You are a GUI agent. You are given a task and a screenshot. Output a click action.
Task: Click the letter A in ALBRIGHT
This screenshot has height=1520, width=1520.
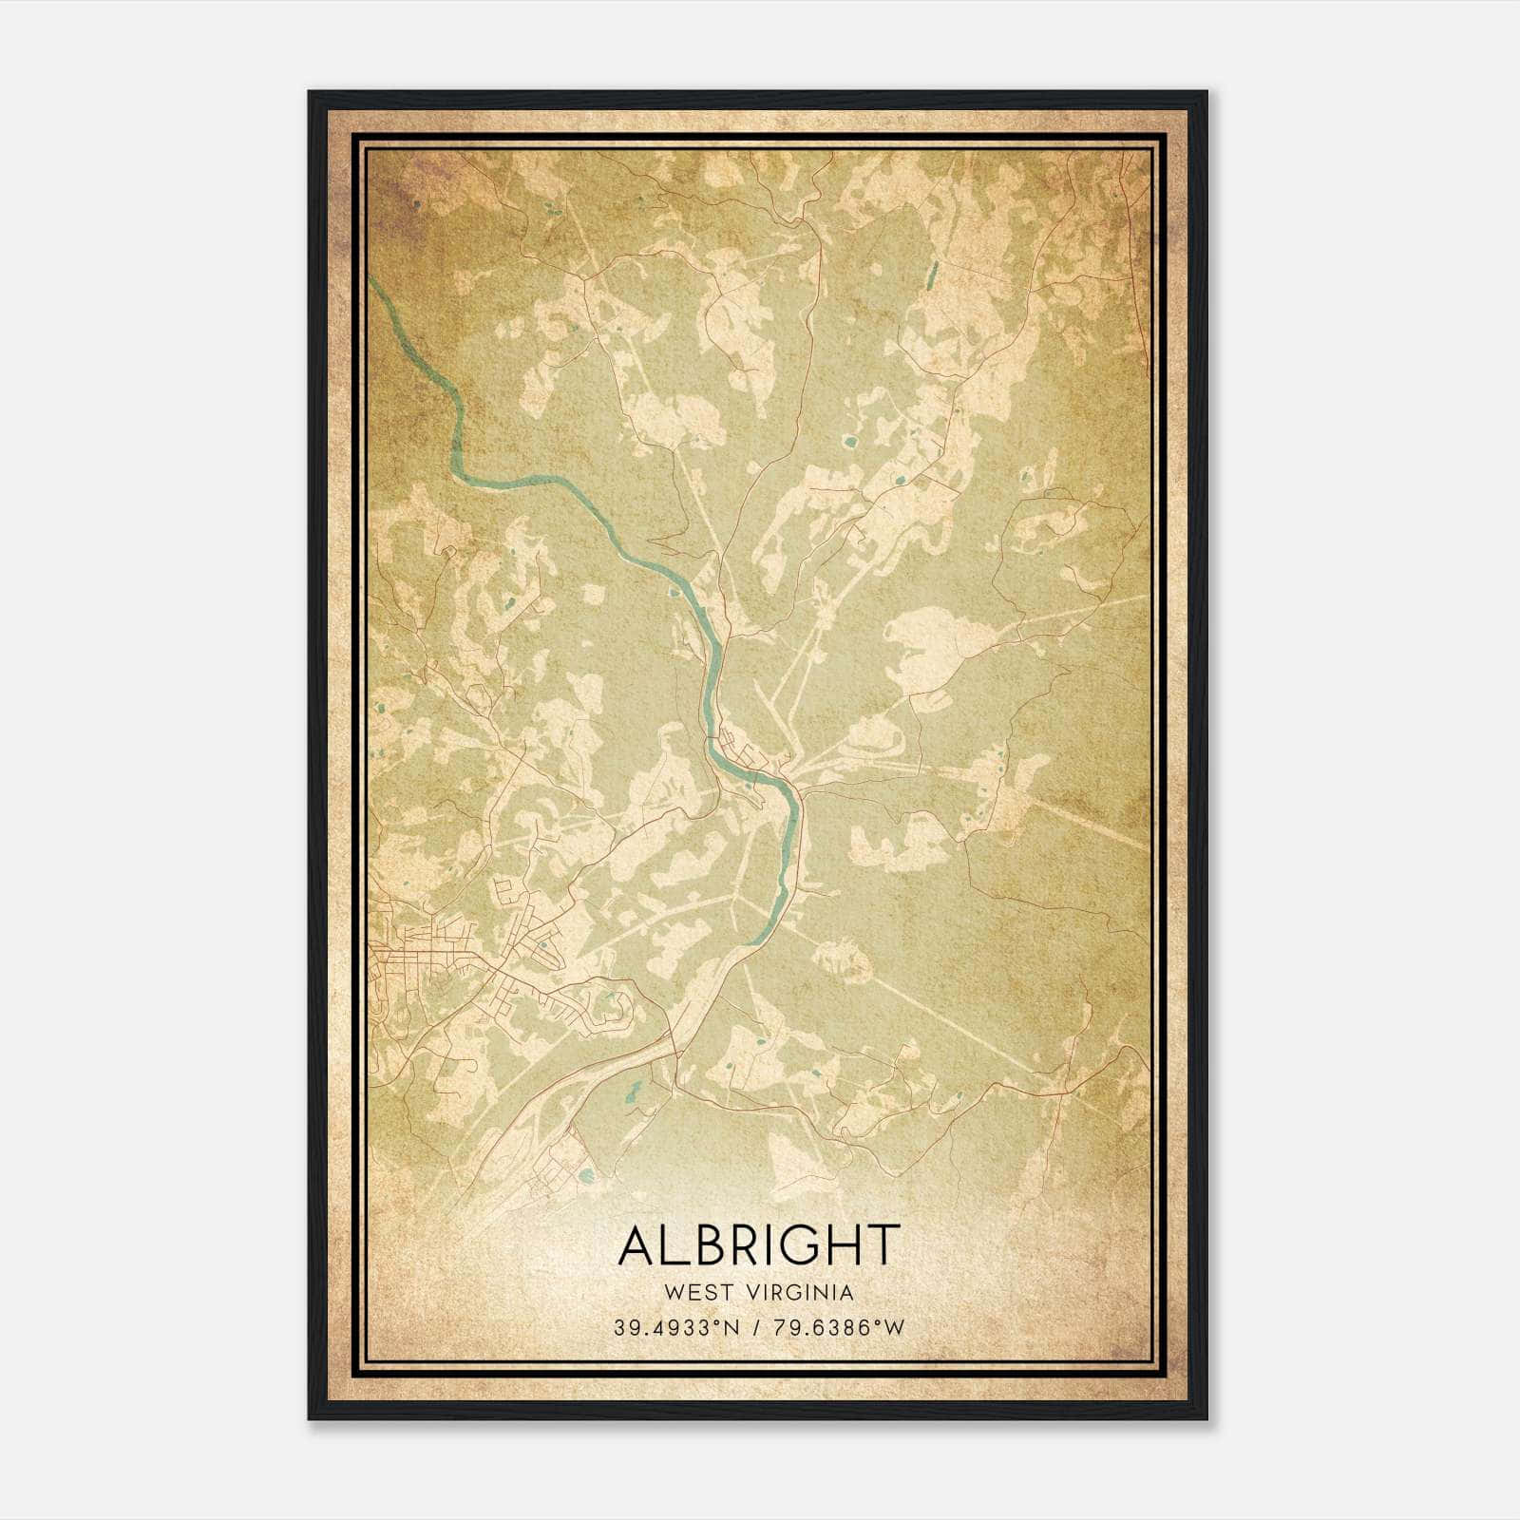click(637, 1245)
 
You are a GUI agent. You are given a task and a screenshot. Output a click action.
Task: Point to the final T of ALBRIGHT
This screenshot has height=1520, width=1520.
click(883, 1245)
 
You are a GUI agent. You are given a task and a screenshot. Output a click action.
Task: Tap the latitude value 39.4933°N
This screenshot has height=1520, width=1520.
click(675, 1327)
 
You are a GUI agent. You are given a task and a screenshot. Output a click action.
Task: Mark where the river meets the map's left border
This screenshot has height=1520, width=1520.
click(371, 282)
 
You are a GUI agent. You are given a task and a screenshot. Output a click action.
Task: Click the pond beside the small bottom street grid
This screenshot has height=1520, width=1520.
click(586, 1177)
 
